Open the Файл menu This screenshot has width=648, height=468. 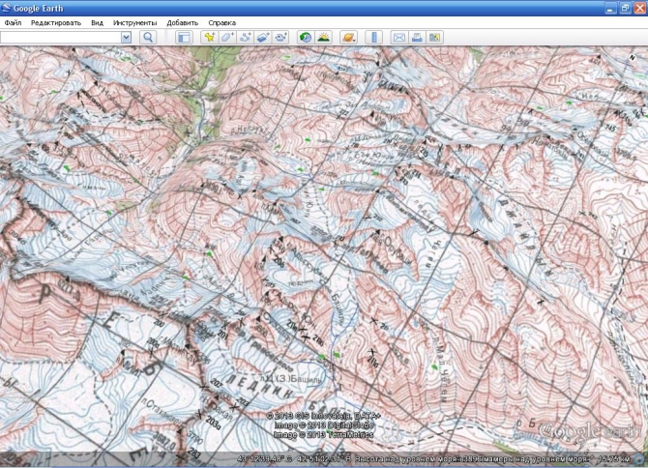click(13, 21)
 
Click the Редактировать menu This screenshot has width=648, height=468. click(56, 21)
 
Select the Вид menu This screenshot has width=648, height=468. click(97, 21)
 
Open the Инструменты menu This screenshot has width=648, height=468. click(134, 21)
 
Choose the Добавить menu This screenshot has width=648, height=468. click(182, 21)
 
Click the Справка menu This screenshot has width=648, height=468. click(222, 21)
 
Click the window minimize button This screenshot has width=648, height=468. click(610, 7)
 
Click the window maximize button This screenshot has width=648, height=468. click(625, 7)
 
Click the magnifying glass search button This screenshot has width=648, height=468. click(148, 37)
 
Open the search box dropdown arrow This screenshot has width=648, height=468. click(126, 37)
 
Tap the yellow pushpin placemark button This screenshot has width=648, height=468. click(208, 37)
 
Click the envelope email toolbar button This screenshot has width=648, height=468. click(398, 37)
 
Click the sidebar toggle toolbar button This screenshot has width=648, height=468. click(183, 37)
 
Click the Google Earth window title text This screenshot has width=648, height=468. click(39, 8)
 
